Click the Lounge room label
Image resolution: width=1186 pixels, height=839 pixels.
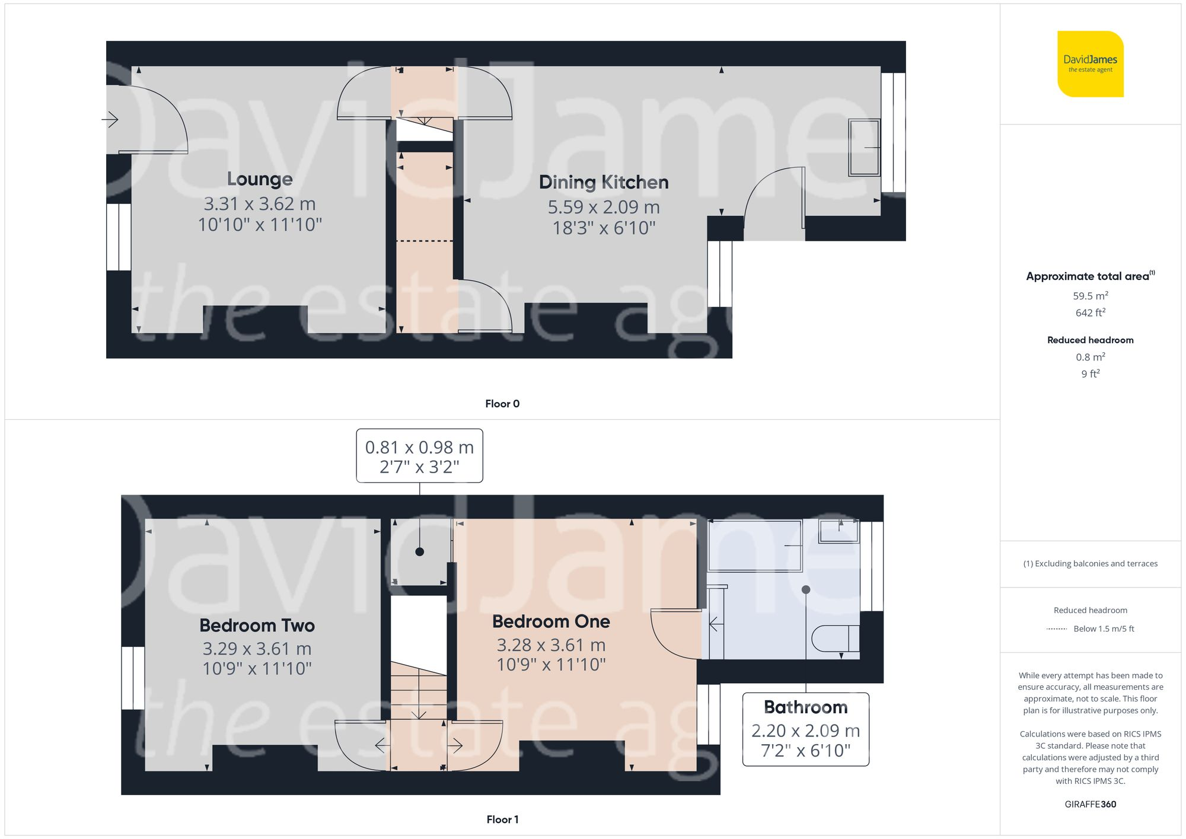click(x=260, y=179)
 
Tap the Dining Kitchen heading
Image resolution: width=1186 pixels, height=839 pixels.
click(x=604, y=182)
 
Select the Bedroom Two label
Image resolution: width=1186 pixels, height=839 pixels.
click(x=257, y=626)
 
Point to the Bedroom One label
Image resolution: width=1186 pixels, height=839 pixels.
click(x=551, y=621)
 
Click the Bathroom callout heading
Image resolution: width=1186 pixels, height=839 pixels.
click(x=805, y=707)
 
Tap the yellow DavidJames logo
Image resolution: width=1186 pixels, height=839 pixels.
click(x=1090, y=64)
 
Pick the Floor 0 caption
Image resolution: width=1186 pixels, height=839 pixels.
click(x=502, y=404)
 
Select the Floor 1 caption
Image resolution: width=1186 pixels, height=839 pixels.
click(x=502, y=819)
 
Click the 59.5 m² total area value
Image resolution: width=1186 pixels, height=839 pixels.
click(x=1090, y=296)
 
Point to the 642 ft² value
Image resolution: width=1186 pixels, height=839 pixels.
click(x=1090, y=312)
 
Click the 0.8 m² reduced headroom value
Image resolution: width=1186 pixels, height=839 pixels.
click(x=1090, y=357)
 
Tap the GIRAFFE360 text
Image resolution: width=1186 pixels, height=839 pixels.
click(x=1090, y=804)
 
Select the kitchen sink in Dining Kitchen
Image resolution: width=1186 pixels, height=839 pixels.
click(x=864, y=147)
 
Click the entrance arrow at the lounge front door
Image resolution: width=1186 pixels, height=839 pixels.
click(x=110, y=120)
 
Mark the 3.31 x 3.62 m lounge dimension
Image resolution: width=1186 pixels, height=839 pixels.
click(x=260, y=204)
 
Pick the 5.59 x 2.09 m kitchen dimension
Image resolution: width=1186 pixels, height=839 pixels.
click(x=604, y=207)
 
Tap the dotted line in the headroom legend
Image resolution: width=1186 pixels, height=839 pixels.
click(x=1057, y=629)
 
